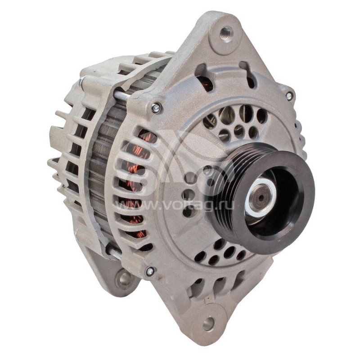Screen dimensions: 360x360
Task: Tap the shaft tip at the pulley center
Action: click(260, 197)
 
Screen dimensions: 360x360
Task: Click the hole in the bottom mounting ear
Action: click(208, 324)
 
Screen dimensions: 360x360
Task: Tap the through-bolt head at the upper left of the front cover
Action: click(156, 107)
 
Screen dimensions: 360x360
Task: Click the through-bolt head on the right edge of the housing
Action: click(289, 95)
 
